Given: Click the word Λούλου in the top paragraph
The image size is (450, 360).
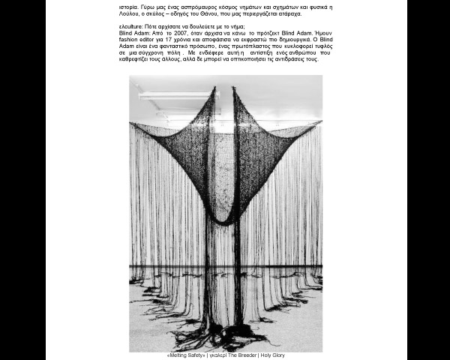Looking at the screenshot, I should point(128,14).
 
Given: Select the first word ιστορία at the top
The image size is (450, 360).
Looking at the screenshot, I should point(128,6).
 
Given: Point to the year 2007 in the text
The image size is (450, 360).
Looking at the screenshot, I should point(180,34).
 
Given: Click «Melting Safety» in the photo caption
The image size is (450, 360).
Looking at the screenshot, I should point(186,355).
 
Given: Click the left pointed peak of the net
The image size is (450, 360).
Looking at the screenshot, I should point(214,89).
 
